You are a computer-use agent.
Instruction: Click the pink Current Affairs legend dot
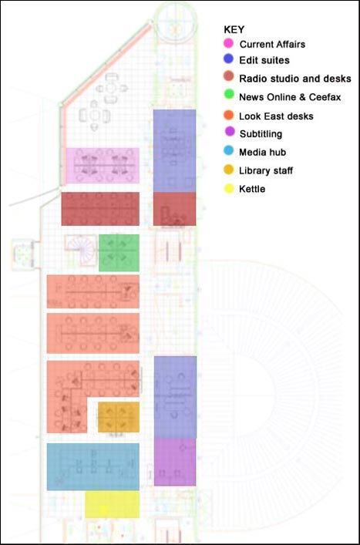click(x=228, y=43)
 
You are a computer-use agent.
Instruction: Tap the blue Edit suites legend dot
click(x=228, y=60)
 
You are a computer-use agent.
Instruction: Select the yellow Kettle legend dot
click(x=228, y=188)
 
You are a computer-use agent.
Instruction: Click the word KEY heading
click(x=234, y=29)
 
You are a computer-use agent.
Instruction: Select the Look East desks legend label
click(x=276, y=116)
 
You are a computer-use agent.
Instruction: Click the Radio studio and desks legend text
click(x=294, y=79)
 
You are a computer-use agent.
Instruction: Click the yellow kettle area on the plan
click(x=112, y=504)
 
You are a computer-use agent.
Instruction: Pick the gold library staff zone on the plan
click(x=118, y=417)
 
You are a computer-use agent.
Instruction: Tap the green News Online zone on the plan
click(x=119, y=252)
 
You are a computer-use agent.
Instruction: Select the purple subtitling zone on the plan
click(x=175, y=462)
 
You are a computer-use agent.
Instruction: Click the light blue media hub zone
click(x=93, y=466)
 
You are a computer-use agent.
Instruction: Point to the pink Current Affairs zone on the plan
click(x=102, y=166)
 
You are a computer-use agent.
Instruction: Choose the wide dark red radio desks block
click(x=99, y=209)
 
